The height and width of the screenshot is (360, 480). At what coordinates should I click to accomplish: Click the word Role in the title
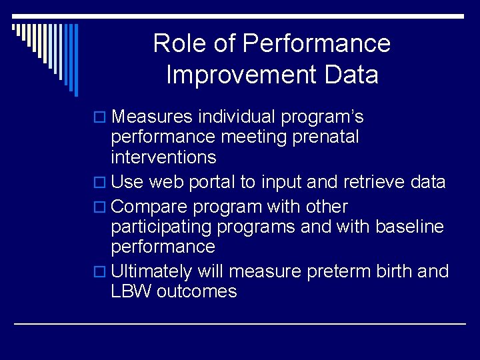click(177, 44)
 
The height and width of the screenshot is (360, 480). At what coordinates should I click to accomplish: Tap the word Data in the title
click(353, 75)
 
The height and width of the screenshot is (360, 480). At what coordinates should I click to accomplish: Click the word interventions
click(164, 157)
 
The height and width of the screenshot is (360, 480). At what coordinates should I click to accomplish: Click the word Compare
click(152, 207)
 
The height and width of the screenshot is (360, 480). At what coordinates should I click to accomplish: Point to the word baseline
click(409, 227)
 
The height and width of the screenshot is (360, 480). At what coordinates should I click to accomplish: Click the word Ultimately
click(152, 271)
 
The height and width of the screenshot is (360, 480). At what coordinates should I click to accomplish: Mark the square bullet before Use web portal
click(101, 183)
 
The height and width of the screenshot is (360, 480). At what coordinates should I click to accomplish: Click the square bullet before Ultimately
click(101, 272)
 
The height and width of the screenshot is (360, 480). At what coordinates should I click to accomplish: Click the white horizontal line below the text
click(240, 323)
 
